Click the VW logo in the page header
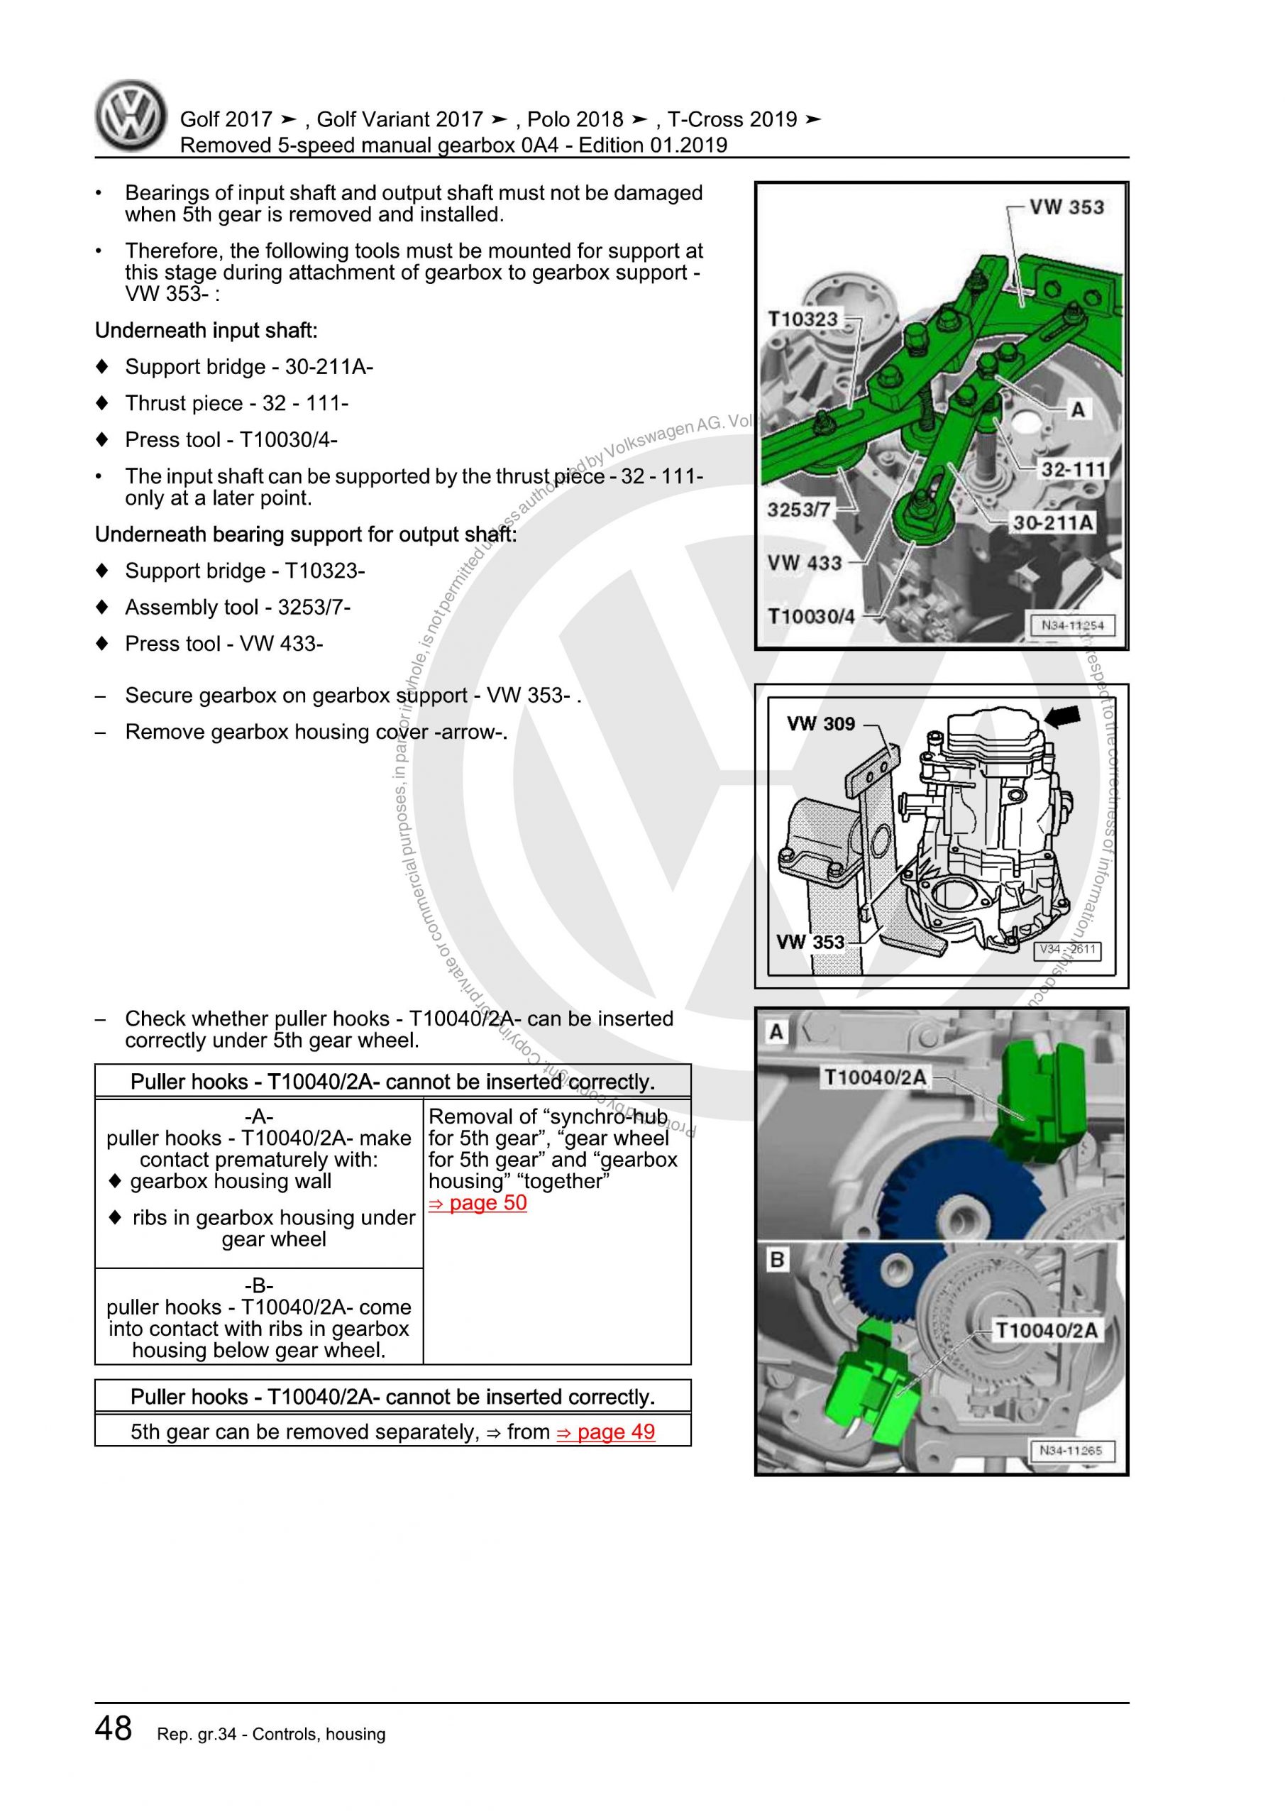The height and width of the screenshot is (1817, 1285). [131, 116]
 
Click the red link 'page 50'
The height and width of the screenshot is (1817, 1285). [478, 1203]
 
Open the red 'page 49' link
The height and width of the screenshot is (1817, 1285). [606, 1432]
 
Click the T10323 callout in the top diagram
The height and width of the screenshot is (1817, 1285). [803, 319]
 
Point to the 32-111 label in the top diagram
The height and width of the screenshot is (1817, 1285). [1072, 469]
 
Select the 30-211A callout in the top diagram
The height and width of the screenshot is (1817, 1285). [1053, 522]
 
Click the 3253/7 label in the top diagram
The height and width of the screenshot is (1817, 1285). [798, 509]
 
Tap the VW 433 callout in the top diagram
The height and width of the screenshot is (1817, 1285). [804, 563]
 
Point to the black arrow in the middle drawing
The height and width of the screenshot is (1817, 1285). [1062, 716]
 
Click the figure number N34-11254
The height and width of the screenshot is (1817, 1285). [1071, 625]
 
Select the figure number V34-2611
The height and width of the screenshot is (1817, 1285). [1069, 950]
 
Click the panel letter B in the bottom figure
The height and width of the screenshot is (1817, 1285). [777, 1261]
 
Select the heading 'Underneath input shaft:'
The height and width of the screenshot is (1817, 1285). [206, 331]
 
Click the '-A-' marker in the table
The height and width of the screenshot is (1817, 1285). [259, 1116]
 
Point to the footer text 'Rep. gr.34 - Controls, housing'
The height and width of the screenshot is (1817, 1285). [271, 1734]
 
